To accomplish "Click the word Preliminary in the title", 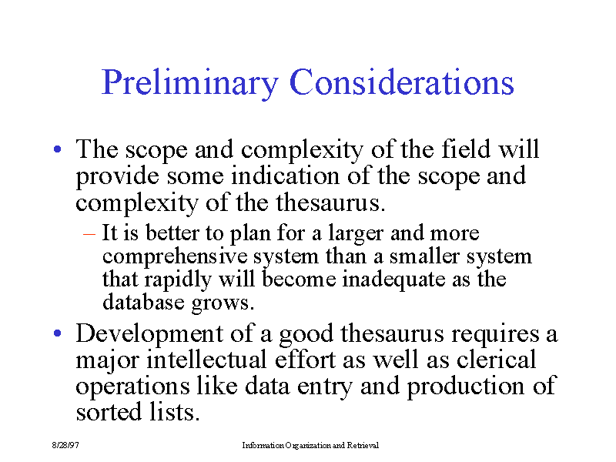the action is tap(190, 83).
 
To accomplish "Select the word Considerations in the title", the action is tap(401, 82).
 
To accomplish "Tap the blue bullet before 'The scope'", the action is tap(58, 149).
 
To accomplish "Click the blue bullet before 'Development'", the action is tap(58, 333).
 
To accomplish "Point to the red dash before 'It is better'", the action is tap(89, 234).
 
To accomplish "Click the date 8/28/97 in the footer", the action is tap(65, 445).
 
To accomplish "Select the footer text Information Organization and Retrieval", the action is tap(310, 445).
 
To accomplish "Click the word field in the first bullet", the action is tap(466, 149).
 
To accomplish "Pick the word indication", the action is tap(285, 176).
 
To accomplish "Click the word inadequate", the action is tap(393, 280).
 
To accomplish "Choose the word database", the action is tap(143, 303).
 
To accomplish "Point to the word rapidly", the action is tap(178, 280).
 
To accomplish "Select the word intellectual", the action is tap(206, 360).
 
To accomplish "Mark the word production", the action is tap(466, 387).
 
